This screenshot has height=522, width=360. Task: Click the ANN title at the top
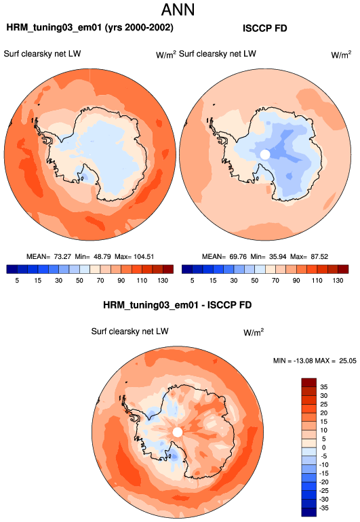coord(178,9)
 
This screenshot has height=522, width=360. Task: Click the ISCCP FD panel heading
coord(265,28)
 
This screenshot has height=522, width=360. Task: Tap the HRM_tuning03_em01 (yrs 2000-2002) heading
coord(90,27)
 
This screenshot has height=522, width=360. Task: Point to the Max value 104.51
coord(144,257)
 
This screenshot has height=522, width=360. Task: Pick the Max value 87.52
coord(319,257)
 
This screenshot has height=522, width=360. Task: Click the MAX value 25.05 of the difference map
coord(348,361)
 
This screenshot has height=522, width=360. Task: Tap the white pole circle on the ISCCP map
coord(265,155)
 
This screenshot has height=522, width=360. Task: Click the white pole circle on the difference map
coord(178,432)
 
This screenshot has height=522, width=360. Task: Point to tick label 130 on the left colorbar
coord(163,280)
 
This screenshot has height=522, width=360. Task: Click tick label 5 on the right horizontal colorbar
coord(192,280)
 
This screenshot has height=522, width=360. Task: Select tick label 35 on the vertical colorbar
coord(324,387)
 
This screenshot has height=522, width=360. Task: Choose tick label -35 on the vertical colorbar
coord(323,508)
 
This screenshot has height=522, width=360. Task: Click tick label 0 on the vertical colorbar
coord(323,447)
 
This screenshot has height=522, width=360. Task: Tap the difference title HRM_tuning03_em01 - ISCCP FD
coord(177,305)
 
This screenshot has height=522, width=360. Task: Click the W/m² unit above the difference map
coord(254,332)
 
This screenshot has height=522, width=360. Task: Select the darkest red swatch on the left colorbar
coord(168,269)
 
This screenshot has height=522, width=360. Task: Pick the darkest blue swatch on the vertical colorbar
coord(308,512)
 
